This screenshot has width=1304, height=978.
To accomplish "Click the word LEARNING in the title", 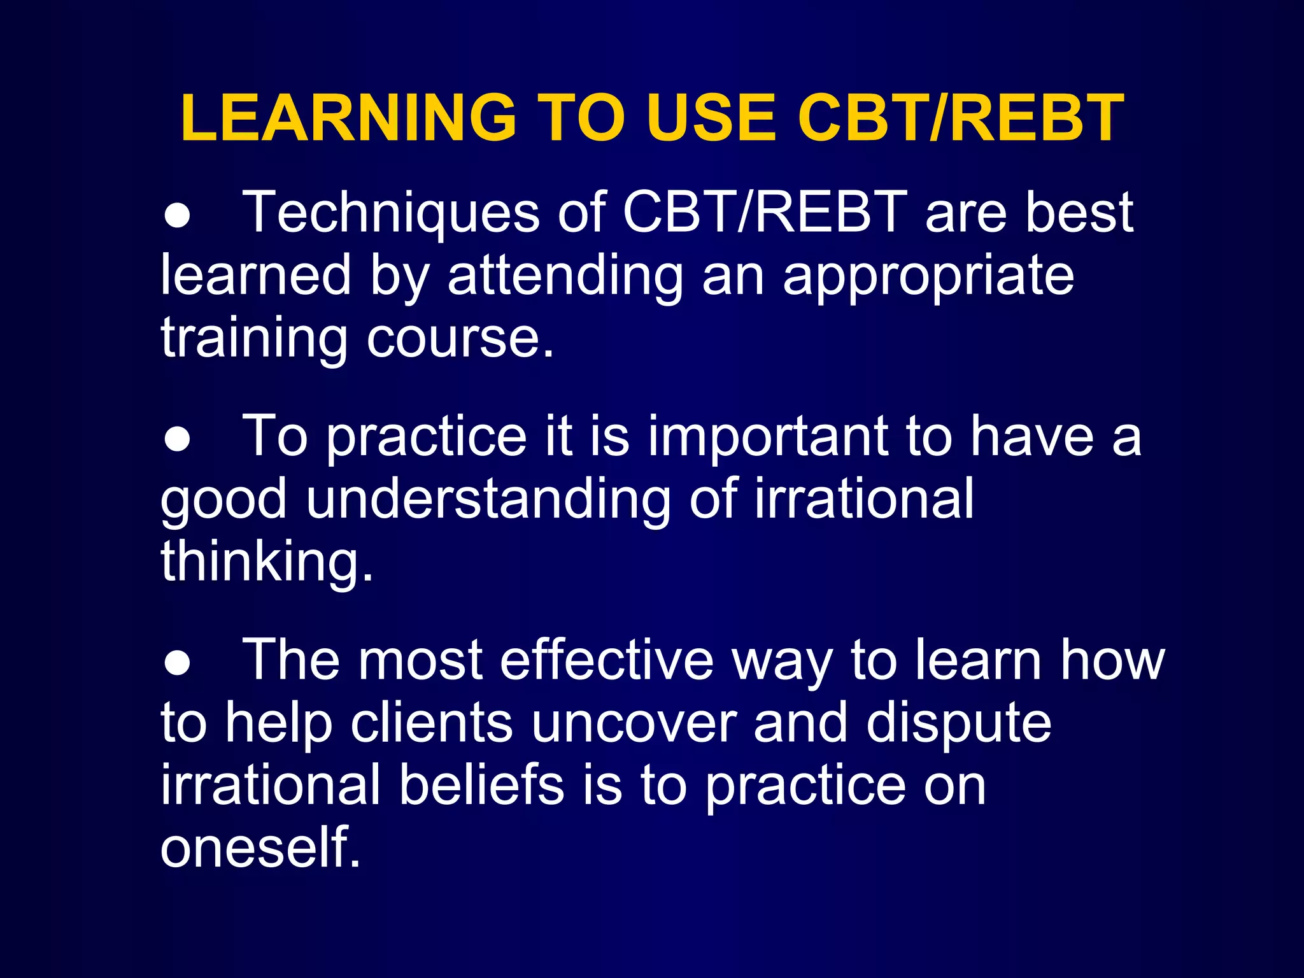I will [x=348, y=118].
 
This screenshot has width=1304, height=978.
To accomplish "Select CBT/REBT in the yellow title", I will [x=961, y=118].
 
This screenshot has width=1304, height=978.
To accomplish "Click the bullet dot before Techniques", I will [x=177, y=216].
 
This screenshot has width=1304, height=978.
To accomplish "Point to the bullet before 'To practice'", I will [x=177, y=440].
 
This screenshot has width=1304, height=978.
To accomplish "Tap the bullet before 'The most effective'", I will [x=177, y=663].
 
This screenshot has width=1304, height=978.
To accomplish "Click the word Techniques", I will [x=391, y=213].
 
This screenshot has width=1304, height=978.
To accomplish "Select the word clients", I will [x=432, y=723].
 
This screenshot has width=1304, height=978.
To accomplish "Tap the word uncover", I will [x=634, y=725].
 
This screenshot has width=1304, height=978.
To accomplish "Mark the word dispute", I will [x=958, y=725].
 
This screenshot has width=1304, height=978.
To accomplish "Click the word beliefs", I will [x=482, y=786].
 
